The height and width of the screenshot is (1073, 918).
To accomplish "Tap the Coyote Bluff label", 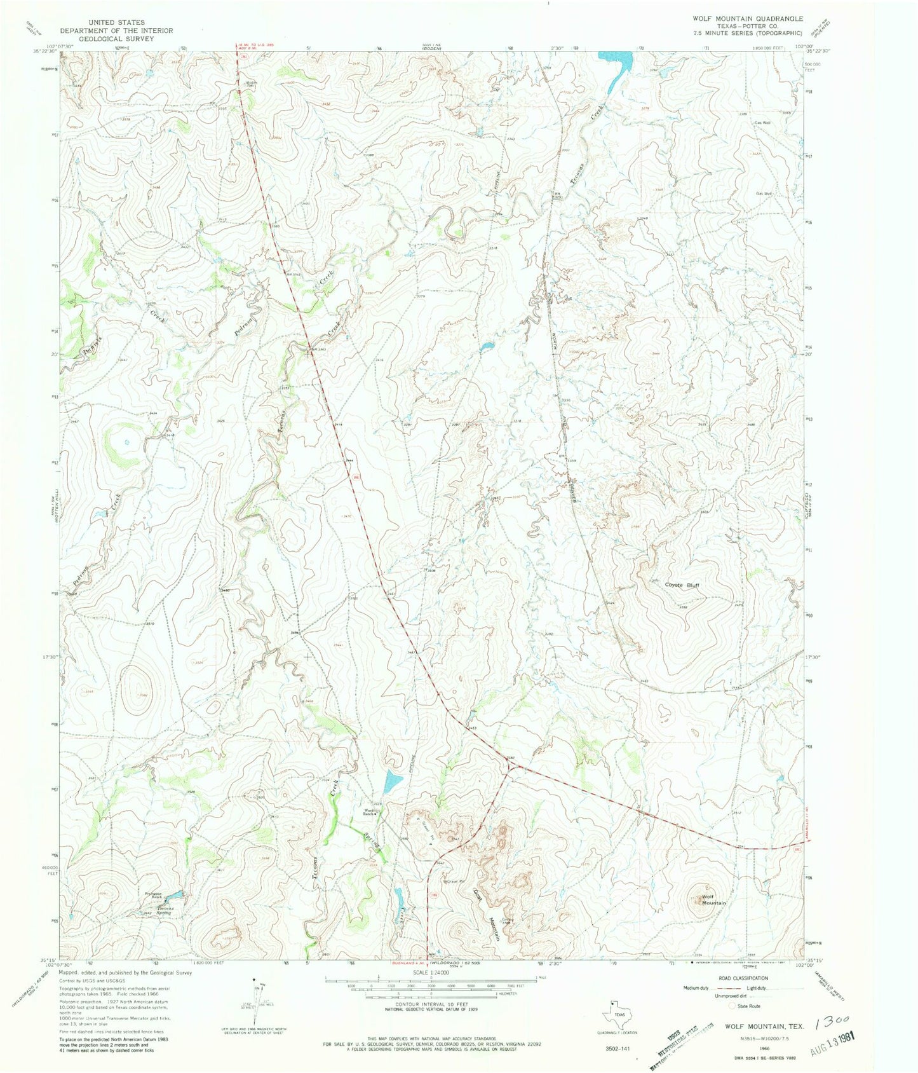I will [x=682, y=585].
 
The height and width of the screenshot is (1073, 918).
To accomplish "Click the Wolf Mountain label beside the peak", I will [x=713, y=900].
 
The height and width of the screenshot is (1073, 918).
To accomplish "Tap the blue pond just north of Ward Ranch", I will [x=392, y=781].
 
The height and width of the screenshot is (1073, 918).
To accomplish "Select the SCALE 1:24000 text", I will [x=430, y=973].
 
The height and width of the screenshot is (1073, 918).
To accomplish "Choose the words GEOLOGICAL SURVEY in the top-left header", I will [x=107, y=38].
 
